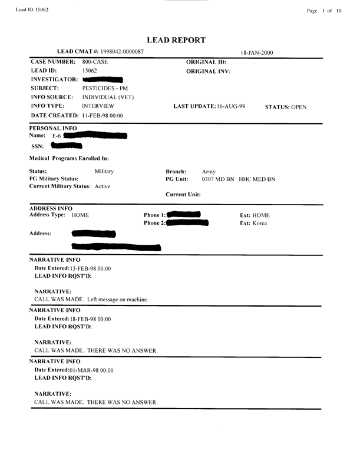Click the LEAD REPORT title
180,40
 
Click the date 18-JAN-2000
256,53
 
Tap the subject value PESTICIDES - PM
105,88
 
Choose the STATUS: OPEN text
286,107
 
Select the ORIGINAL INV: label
209,71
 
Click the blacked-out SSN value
67,146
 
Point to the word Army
209,172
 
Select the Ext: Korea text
253,224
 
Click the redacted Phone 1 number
184,215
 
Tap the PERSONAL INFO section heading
50,128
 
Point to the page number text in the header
323,11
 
